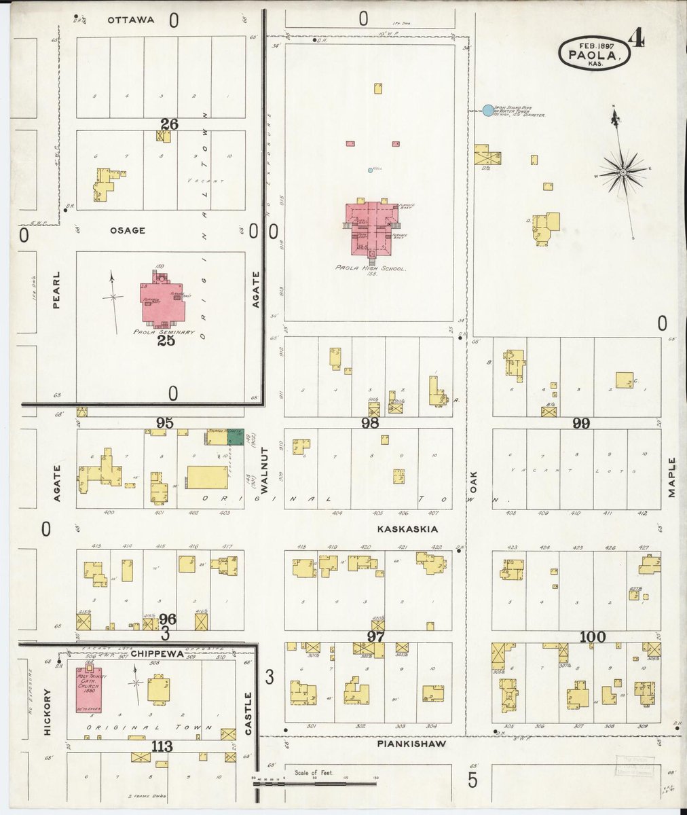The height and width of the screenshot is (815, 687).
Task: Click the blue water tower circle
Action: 487,110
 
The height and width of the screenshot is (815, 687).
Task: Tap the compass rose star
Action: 622,174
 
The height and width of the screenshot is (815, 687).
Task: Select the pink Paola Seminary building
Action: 162,301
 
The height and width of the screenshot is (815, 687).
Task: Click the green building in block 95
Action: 235,437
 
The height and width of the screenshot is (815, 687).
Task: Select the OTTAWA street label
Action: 131,20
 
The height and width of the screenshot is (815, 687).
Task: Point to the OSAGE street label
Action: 127,231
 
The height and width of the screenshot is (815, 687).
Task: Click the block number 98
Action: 370,423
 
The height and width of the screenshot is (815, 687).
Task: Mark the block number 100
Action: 593,637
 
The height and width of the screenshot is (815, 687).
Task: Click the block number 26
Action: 169,124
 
